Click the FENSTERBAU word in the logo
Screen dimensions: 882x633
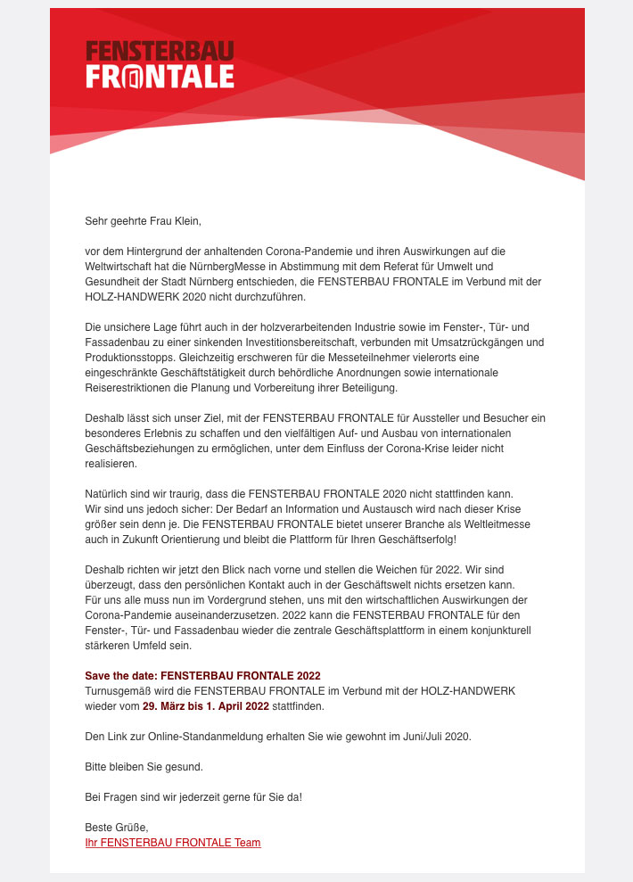pyautogui.click(x=160, y=51)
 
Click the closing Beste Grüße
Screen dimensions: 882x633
pyautogui.click(x=116, y=828)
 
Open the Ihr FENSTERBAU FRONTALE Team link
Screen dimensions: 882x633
pyautogui.click(x=173, y=843)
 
